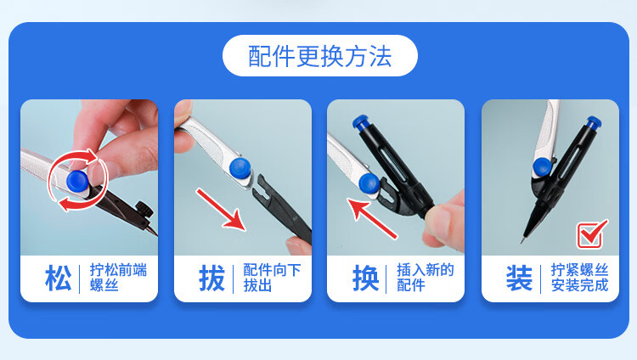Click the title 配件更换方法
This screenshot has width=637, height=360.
click(319, 56)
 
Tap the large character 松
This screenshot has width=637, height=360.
click(58, 278)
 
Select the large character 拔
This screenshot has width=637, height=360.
click(211, 278)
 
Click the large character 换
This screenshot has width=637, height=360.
click(365, 278)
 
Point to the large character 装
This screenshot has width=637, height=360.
click(519, 278)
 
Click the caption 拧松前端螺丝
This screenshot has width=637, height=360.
click(118, 278)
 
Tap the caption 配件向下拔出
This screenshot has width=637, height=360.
click(272, 278)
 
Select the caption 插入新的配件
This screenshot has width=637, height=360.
click(425, 278)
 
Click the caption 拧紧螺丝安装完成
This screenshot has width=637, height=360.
click(579, 278)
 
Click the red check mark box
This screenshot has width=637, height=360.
click(591, 234)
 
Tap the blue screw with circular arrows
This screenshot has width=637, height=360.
click(77, 181)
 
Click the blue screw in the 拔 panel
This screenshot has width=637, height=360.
click(240, 168)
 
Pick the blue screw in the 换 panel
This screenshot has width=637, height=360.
click(369, 183)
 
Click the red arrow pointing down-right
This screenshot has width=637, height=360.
click(221, 210)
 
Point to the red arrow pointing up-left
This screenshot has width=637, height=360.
click(371, 218)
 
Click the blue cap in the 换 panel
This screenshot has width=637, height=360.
click(360, 122)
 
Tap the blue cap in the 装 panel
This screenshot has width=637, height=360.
click(594, 123)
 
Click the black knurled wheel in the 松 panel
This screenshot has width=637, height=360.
click(144, 209)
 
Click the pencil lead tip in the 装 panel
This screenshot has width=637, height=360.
click(521, 242)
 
